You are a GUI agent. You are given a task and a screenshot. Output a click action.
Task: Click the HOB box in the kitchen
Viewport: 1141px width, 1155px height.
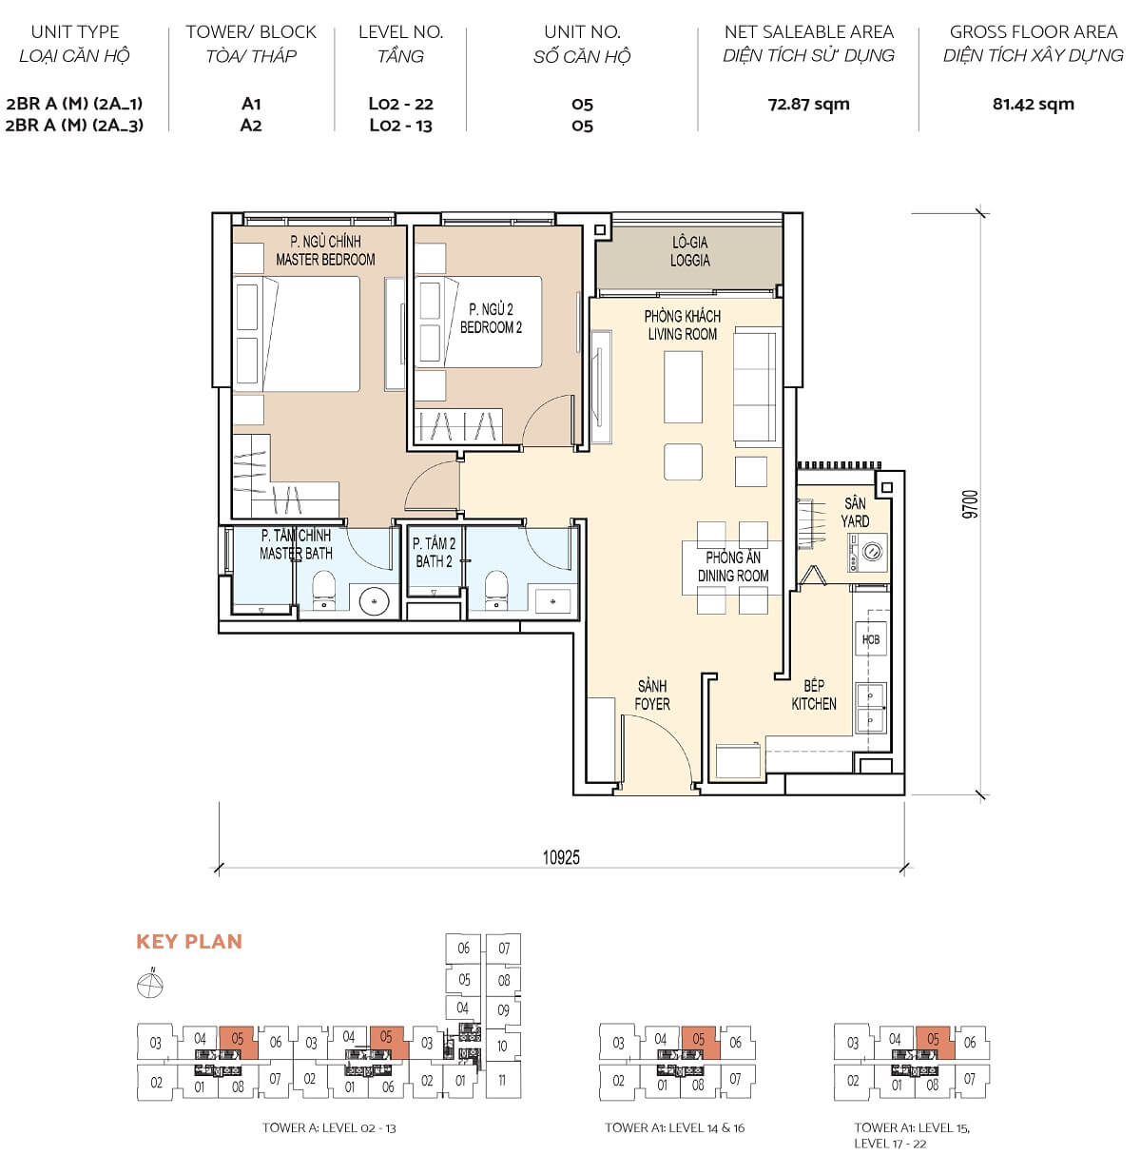(x=871, y=639)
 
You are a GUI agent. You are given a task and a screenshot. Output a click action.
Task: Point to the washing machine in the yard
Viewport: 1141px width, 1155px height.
(x=870, y=553)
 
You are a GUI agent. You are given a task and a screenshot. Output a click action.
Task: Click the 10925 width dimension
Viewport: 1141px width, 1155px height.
(x=561, y=857)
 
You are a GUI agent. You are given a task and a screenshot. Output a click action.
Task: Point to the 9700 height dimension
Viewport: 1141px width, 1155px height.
(x=969, y=504)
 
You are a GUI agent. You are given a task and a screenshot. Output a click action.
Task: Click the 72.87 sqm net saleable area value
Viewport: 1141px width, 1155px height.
(x=808, y=104)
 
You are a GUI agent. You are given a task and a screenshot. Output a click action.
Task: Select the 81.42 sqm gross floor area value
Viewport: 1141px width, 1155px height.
(x=1033, y=104)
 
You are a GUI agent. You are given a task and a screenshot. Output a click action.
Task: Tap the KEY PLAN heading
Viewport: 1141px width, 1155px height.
(x=189, y=942)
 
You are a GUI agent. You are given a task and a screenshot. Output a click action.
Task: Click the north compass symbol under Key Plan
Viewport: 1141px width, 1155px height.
(x=150, y=986)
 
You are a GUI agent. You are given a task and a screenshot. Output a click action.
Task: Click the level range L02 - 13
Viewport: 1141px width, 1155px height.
(x=400, y=126)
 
